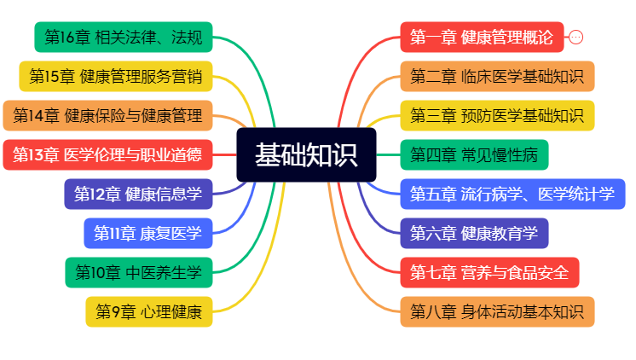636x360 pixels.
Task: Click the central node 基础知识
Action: click(306, 155)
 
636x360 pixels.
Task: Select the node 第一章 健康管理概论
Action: click(482, 38)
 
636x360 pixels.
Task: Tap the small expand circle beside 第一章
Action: click(576, 38)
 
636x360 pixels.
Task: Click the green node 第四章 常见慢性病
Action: click(474, 155)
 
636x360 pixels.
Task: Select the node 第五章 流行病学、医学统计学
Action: click(512, 195)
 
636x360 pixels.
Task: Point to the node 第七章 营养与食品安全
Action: click(489, 273)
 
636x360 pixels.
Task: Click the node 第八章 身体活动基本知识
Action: click(497, 312)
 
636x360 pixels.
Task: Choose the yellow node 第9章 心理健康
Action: click(149, 312)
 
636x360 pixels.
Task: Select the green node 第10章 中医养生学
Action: click(139, 273)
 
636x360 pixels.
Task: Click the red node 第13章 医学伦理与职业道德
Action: click(108, 155)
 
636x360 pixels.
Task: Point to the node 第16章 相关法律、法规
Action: click(124, 38)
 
